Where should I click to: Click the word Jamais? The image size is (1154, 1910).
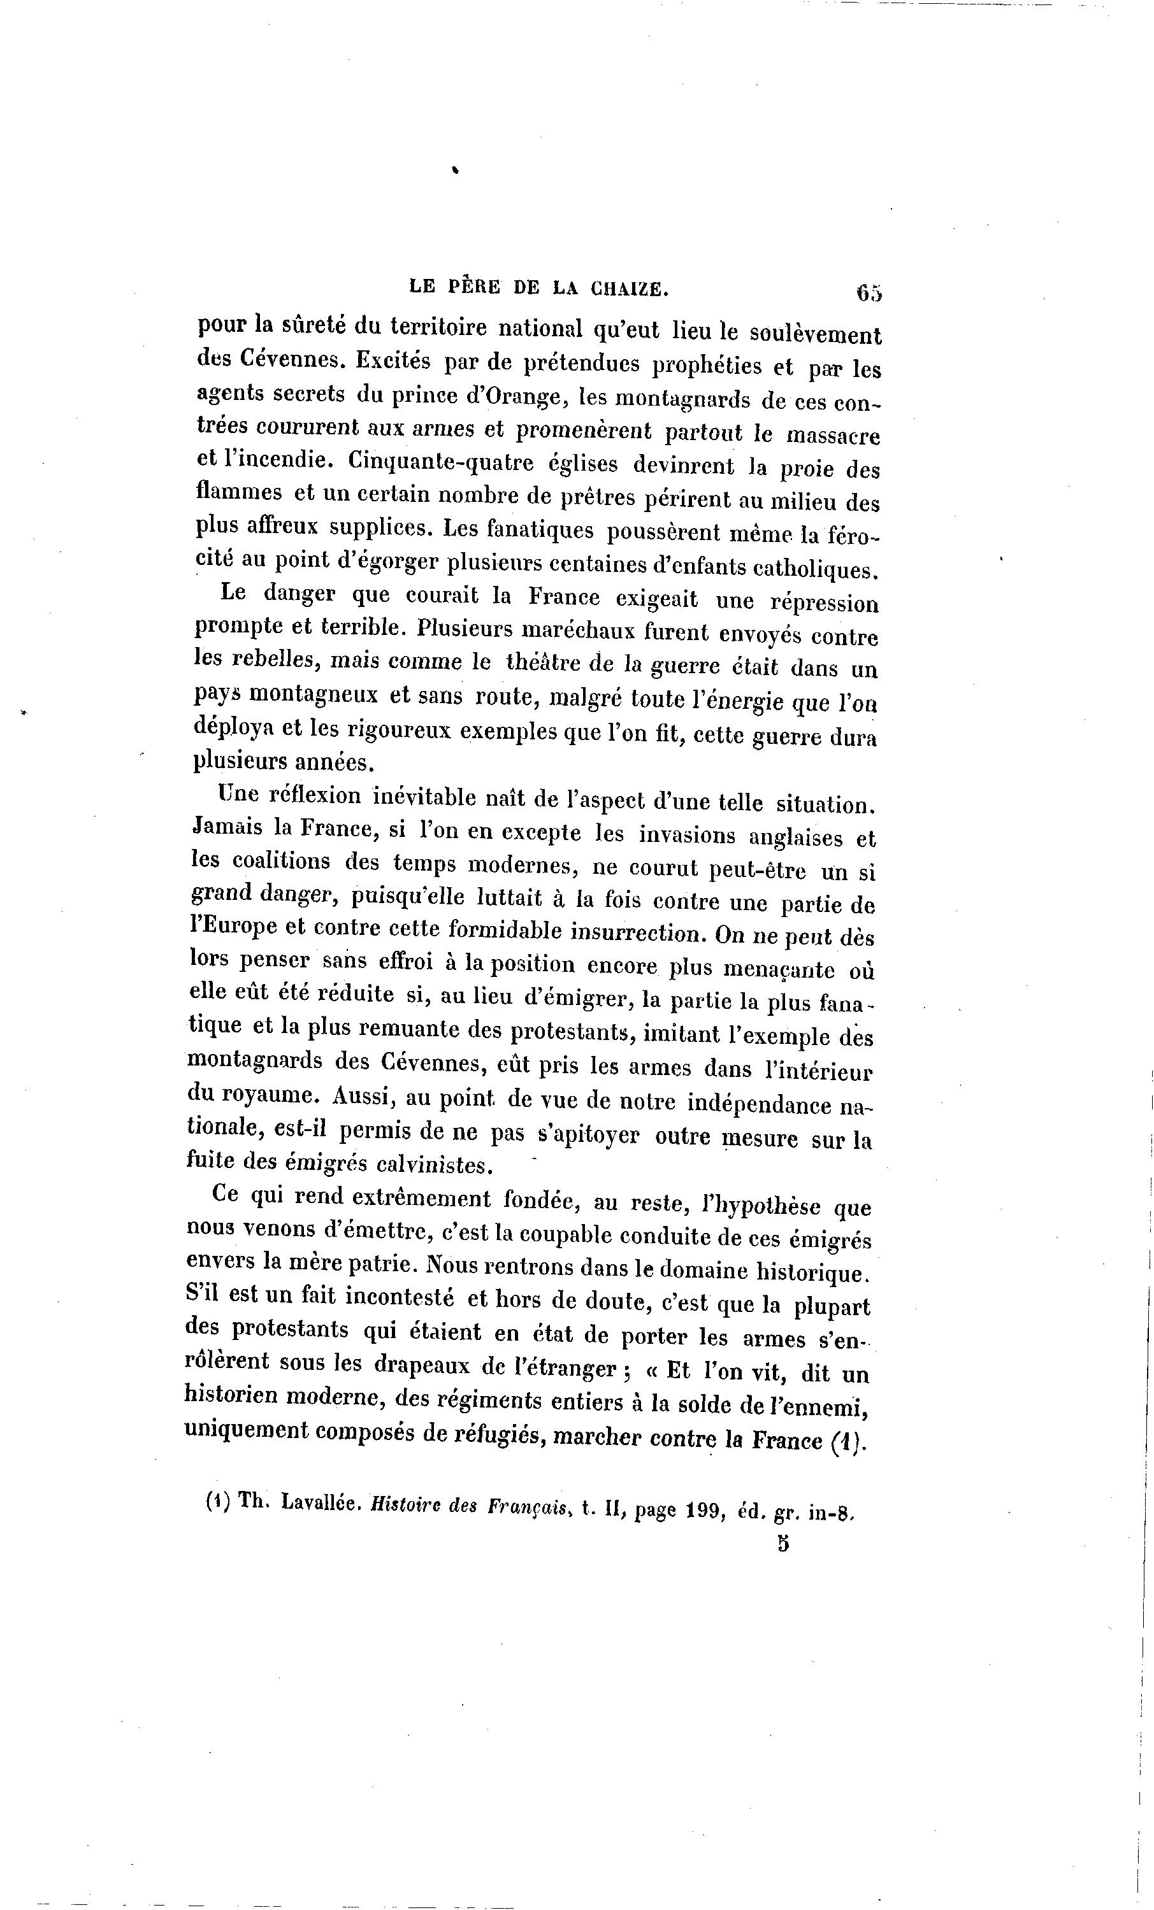(x=228, y=827)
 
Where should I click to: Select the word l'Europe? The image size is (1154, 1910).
(x=233, y=927)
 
